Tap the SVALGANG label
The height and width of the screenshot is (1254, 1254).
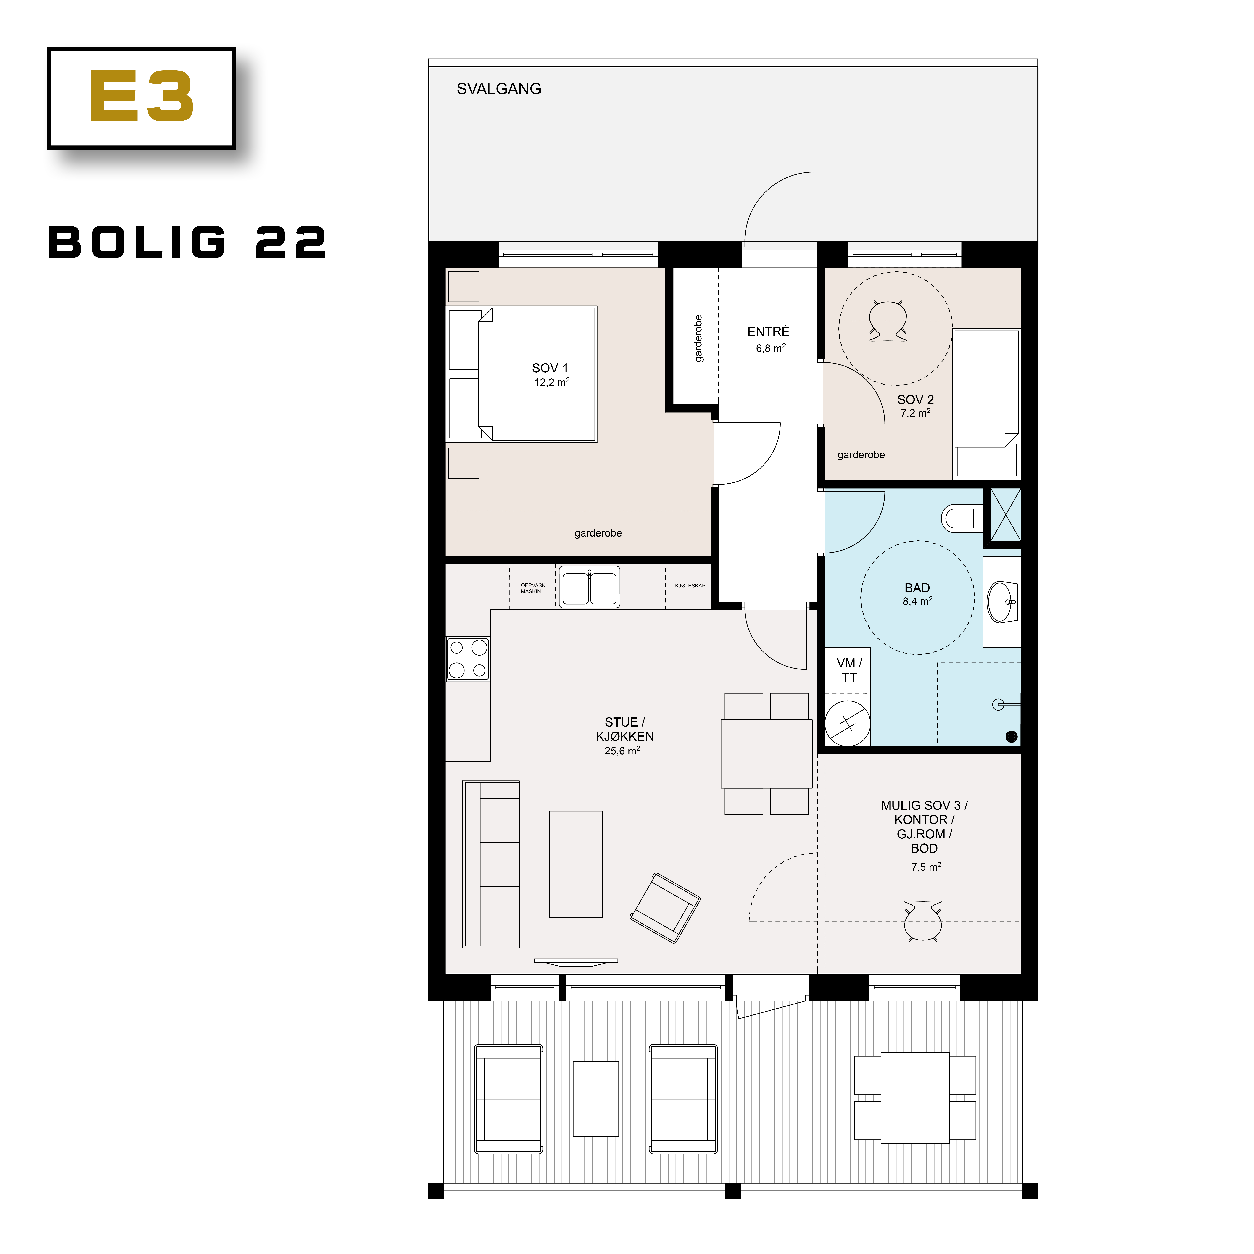click(x=498, y=89)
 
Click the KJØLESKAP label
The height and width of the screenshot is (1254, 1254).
click(x=689, y=585)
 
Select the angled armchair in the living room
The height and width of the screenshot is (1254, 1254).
click(x=665, y=907)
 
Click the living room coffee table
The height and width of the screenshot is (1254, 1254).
click(x=576, y=864)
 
